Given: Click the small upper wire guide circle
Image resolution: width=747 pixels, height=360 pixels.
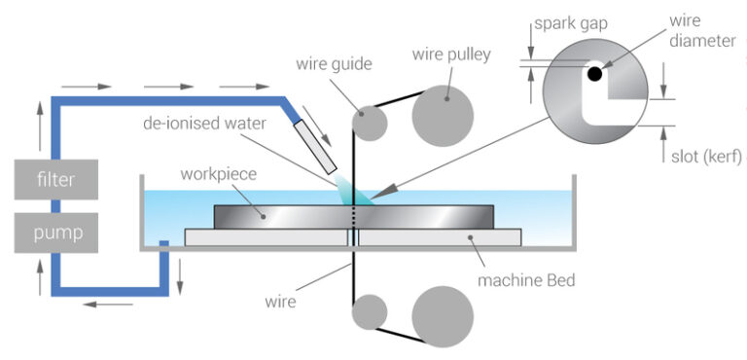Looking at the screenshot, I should coord(369,122).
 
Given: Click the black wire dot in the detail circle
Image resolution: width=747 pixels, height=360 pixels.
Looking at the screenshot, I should coord(594,74).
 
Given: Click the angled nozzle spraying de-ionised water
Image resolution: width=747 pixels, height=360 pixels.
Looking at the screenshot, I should coord(318,140).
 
